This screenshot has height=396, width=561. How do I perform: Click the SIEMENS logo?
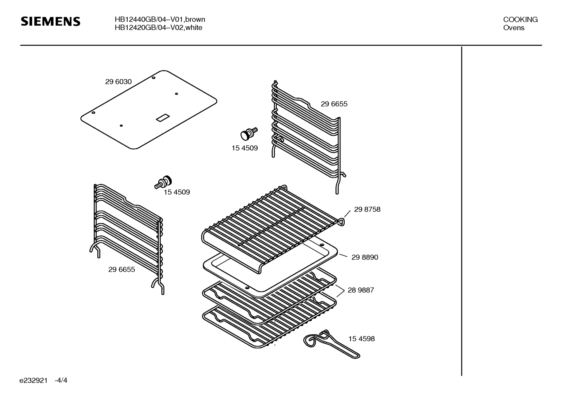pyautogui.click(x=50, y=21)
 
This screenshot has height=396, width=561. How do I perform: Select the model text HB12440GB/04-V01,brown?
pyautogui.click(x=160, y=19)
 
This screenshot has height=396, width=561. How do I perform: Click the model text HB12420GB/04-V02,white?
pyautogui.click(x=158, y=28)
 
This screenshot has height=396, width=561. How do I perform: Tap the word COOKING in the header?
pyautogui.click(x=520, y=19)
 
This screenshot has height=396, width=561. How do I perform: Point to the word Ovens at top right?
pyautogui.click(x=514, y=28)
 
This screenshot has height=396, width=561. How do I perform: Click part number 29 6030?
pyautogui.click(x=118, y=82)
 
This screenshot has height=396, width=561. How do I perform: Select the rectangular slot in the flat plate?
pyautogui.click(x=162, y=118)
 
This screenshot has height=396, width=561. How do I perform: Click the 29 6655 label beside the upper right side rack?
pyautogui.click(x=334, y=104)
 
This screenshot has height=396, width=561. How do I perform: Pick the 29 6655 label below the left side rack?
pyautogui.click(x=121, y=270)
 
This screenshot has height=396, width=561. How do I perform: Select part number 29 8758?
pyautogui.click(x=367, y=209)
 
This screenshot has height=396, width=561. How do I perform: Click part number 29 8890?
pyautogui.click(x=365, y=257)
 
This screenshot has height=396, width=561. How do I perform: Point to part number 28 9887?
pyautogui.click(x=360, y=290)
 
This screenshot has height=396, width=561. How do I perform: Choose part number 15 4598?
pyautogui.click(x=361, y=339)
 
